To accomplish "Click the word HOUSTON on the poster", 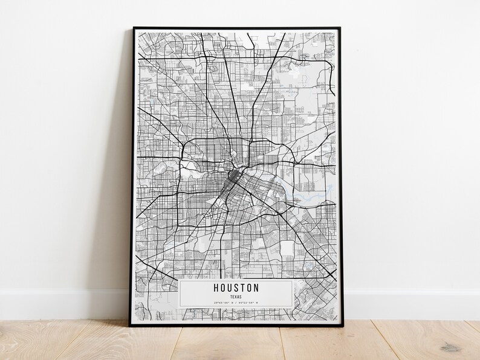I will click(236, 288).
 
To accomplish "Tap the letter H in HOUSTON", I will click(216, 288).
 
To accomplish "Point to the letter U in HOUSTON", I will click(232, 288).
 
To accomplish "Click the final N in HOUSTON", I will click(256, 288).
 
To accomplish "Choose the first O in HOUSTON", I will click(224, 288).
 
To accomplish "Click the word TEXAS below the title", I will click(236, 297).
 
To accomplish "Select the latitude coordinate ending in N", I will click(223, 303).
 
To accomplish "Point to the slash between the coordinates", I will click(236, 303).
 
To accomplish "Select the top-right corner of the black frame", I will click(340, 28).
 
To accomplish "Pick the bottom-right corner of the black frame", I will click(342, 326).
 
